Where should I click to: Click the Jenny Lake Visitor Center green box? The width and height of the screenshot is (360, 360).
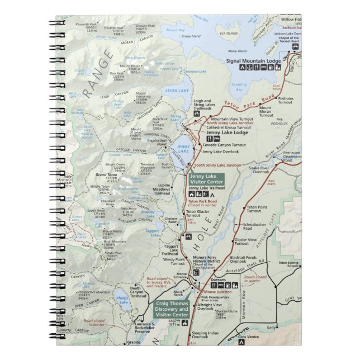tap(206, 179)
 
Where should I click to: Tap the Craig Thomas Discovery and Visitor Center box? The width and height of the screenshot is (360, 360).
tap(172, 309)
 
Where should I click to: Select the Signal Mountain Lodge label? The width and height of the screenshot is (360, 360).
tap(261, 60)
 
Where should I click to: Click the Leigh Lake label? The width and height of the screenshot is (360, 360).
tap(177, 90)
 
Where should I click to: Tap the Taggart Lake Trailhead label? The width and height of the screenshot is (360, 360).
tap(170, 249)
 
